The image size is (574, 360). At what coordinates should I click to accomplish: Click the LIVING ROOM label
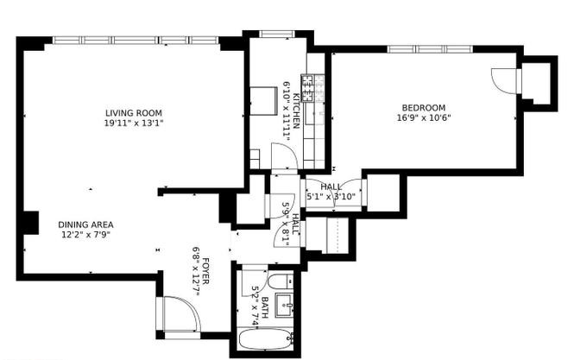pos(133,113)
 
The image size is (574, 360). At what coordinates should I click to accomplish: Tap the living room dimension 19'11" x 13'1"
pos(133,123)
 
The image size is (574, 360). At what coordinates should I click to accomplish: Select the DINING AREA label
pos(85,224)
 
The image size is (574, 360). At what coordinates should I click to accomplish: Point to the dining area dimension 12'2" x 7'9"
pos(85,235)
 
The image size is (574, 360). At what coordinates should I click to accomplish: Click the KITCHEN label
pos(296,111)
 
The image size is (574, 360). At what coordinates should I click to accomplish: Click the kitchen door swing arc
pos(284,156)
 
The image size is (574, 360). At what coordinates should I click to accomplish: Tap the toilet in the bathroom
pos(280,281)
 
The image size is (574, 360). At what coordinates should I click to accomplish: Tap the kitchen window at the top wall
pos(277,35)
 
